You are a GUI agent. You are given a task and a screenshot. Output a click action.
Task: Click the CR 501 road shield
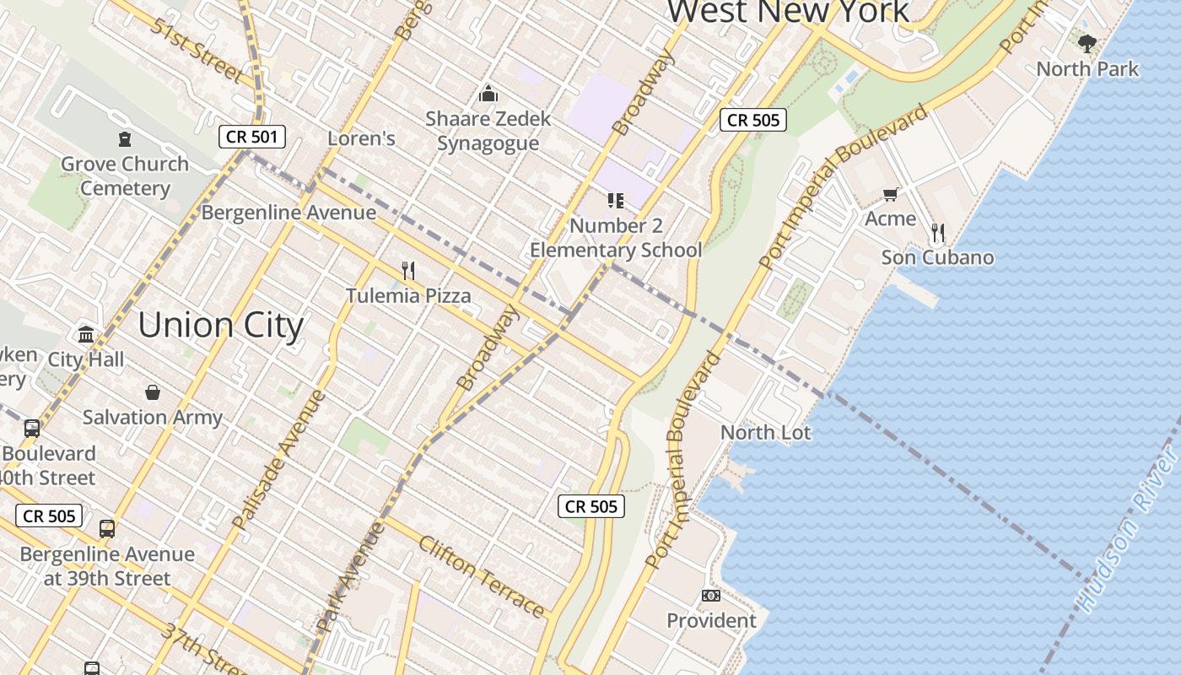pos(252,137)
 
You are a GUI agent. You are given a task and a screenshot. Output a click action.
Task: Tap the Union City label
pos(220,326)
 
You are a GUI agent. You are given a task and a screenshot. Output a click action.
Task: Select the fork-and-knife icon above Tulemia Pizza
pos(408,271)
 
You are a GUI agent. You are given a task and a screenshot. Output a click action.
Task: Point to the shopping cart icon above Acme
pos(890,195)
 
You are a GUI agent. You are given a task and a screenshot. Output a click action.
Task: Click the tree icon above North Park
pos(1087,43)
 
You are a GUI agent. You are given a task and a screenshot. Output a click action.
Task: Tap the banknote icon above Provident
pos(711,596)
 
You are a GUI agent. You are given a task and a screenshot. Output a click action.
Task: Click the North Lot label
pos(765,433)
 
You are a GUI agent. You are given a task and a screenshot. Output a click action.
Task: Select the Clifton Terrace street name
pos(482,576)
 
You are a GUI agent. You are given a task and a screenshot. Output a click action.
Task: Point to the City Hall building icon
pos(86,334)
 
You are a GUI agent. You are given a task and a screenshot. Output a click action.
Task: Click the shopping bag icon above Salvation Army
pos(153,392)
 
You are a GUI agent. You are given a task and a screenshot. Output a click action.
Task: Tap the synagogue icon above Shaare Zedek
pos(488,94)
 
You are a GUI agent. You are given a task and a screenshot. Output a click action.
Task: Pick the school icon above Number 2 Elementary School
pos(616,201)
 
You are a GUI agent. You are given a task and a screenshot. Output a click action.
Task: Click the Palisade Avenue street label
pos(279,460)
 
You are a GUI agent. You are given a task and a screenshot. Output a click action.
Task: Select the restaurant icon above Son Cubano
pos(937,232)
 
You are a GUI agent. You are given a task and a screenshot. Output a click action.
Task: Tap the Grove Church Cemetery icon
pos(125,139)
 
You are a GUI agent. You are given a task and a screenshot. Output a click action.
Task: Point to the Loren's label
pos(361,138)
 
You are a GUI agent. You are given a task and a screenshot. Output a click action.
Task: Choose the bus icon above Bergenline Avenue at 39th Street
pos(107,529)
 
